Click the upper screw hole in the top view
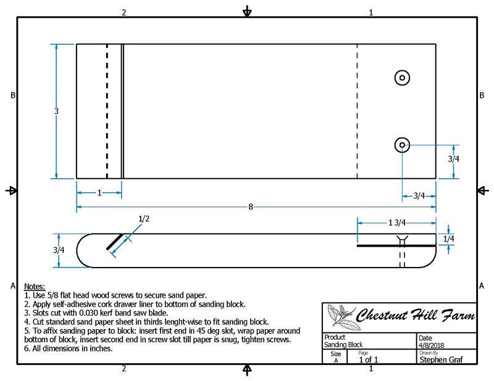[x=402, y=78]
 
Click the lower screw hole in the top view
[x=402, y=145]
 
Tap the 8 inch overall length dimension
[x=251, y=207]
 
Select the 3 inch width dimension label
[x=56, y=111]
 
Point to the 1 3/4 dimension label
[x=397, y=223]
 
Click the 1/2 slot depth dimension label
[x=144, y=219]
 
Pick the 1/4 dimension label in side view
[x=449, y=239]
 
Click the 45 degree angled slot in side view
[x=115, y=242]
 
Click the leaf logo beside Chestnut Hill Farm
[x=341, y=317]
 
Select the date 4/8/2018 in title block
[x=431, y=345]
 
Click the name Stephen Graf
[x=441, y=359]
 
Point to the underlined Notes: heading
[x=35, y=287]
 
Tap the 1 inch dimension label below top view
[x=99, y=192]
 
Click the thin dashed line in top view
[x=358, y=112]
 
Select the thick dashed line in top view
[x=107, y=112]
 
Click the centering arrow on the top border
[x=247, y=11]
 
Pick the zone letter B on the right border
[x=482, y=96]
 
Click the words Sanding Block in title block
[x=343, y=345]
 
